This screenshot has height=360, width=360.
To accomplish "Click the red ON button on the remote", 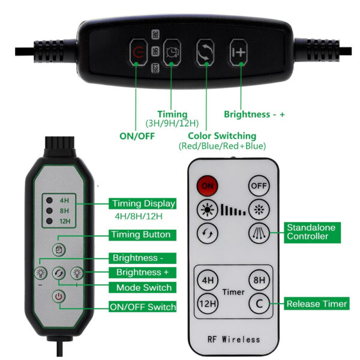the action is pos(207,185).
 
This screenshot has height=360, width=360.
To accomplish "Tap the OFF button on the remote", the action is pos(259,185).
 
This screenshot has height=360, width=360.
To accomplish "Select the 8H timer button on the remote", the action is pos(259,280).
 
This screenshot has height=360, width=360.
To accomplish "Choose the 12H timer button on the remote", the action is pos(208,304).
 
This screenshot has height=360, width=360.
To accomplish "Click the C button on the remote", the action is pos(259,304).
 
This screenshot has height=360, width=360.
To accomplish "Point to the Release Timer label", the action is pos(317,304).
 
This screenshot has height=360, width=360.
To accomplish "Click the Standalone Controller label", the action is pos(312,232).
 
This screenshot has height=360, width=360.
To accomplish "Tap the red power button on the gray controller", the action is pos(59,296).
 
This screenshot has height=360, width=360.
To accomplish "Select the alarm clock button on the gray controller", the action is pos(59,250).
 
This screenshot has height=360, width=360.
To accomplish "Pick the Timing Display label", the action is pos(143,203).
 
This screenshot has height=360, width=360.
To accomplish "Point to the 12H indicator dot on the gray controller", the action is pos(49,221).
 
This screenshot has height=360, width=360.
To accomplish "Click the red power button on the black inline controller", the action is pos(139,52).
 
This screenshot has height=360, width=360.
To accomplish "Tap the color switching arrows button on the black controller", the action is pos(205,52).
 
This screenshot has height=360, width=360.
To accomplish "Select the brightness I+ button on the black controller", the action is pos(239,52).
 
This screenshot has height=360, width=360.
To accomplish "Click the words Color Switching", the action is pos(222,136).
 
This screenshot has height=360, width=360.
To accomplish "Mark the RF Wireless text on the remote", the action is pos(234,340).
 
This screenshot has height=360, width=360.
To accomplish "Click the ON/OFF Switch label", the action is pos(143,307).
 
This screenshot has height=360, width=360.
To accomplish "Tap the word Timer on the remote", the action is pos(233,292).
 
